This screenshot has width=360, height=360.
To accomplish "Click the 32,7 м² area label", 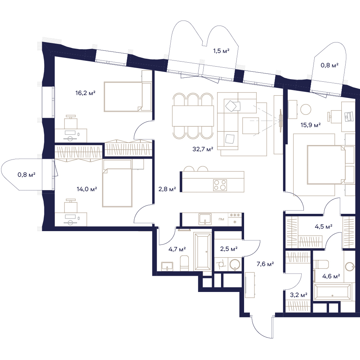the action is tap(203, 149).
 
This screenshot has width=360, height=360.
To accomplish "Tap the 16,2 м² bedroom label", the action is tap(85, 93).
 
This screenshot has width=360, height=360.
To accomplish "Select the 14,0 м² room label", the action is tap(87, 189).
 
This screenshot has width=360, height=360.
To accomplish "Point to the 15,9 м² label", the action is tap(311, 125).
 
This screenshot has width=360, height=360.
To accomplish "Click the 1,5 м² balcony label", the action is tap(221, 51).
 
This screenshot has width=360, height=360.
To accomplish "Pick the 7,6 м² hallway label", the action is tap(265, 264).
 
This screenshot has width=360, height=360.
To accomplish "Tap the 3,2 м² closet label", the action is tap(298, 295).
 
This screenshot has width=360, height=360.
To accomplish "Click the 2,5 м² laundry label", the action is tap(229, 249).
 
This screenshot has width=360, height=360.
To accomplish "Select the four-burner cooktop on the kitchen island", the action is tap(220, 185).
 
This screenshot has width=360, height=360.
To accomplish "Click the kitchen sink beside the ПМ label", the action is tap(205, 219).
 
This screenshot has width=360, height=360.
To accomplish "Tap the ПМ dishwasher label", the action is tap(221, 219).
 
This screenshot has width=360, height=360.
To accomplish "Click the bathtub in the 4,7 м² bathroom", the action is tap(202, 251).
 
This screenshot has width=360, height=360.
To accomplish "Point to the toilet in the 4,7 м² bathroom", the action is tap(184, 264).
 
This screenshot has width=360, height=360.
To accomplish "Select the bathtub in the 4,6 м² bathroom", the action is tap(333, 292).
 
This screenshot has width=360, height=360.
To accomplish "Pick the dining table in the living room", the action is tap(193, 116).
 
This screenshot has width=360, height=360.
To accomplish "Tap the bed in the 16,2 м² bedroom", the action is tap(128, 96).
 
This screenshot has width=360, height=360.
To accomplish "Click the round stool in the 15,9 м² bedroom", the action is tap(306, 109).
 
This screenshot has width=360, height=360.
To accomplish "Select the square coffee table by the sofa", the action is tap(251, 125).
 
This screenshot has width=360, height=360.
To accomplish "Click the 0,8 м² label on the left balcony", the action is tap(26, 175).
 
